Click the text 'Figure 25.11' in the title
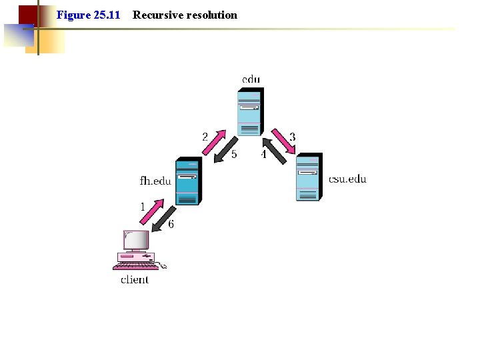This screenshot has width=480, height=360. click(88, 15)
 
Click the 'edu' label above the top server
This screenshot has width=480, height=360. click(251, 79)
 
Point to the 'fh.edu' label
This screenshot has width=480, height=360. click(155, 181)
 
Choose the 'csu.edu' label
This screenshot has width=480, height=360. click(347, 179)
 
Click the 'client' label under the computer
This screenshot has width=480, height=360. click(135, 279)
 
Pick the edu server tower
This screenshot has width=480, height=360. click(251, 111)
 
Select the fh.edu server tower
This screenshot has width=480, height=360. click(187, 182)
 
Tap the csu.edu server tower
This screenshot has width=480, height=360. click(308, 177)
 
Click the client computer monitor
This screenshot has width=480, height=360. click(136, 240)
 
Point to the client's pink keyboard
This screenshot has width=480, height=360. click(137, 266)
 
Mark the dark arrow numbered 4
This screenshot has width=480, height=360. click(274, 151)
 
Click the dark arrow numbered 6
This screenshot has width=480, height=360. click(163, 219)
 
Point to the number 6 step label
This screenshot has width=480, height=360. click(171, 225)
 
